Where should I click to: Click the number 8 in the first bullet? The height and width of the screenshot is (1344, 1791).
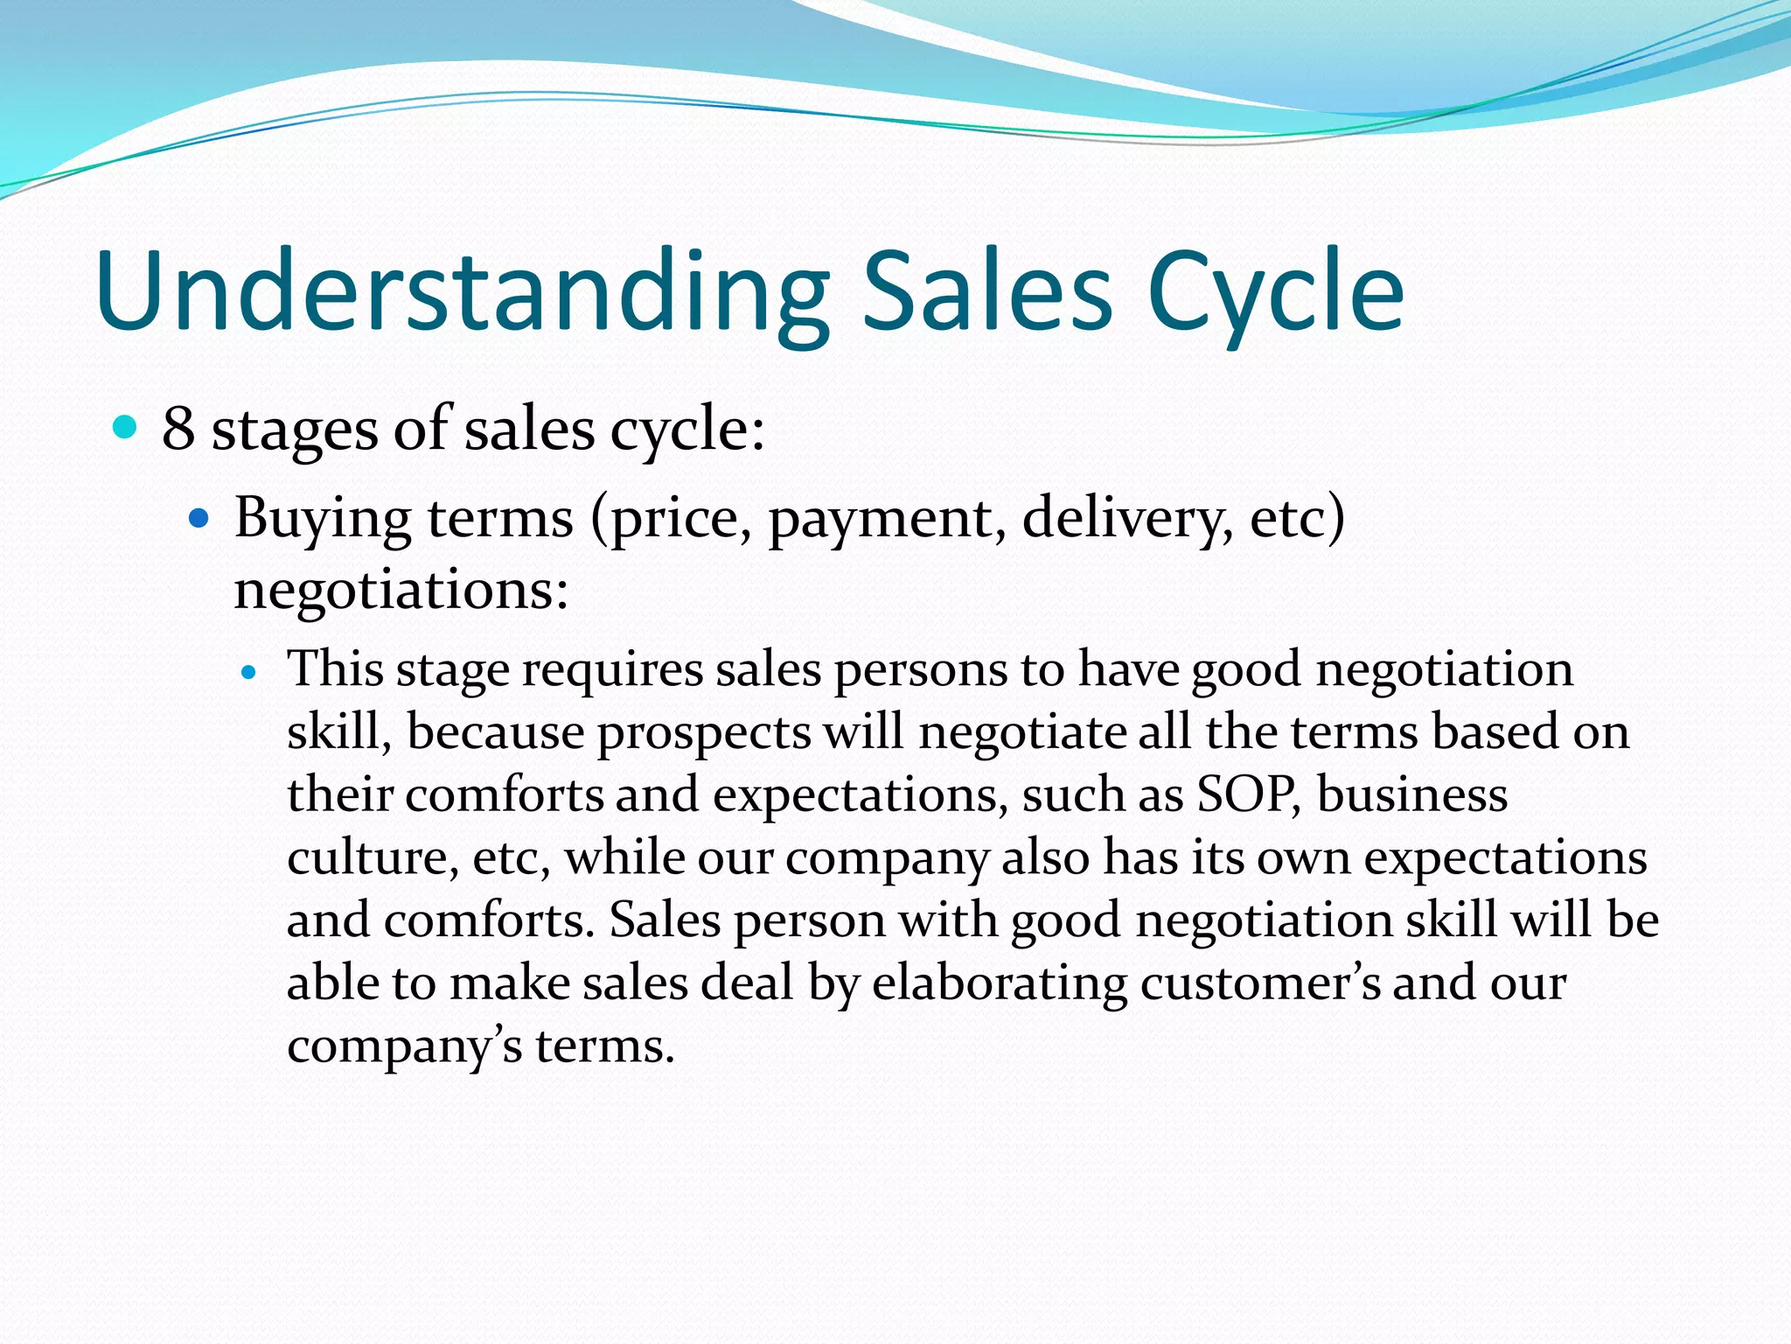[x=178, y=429]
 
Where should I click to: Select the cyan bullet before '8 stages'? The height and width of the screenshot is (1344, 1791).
[x=126, y=428]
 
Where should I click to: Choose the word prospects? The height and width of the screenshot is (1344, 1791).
[x=704, y=733]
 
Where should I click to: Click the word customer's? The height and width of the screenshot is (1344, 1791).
[x=1260, y=983]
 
